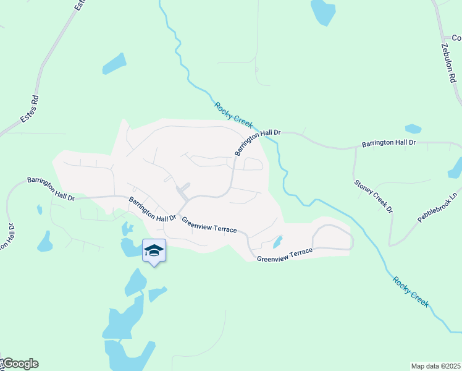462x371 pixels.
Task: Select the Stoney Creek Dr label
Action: tap(373, 196)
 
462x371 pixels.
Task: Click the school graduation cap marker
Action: tap(154, 250)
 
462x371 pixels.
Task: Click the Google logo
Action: tap(20, 364)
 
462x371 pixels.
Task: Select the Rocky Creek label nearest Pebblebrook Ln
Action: tap(410, 290)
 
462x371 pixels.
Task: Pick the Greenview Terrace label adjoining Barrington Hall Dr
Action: tap(209, 224)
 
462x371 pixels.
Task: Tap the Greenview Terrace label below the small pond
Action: tap(285, 254)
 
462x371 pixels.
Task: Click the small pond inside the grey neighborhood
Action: tap(278, 241)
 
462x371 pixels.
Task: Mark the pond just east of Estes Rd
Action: tap(114, 63)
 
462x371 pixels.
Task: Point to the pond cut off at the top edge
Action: tap(322, 11)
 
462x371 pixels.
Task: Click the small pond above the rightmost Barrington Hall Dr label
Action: tap(413, 129)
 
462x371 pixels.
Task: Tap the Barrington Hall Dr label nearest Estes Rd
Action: tap(51, 188)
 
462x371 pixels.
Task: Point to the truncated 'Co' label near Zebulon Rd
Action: tap(456, 38)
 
